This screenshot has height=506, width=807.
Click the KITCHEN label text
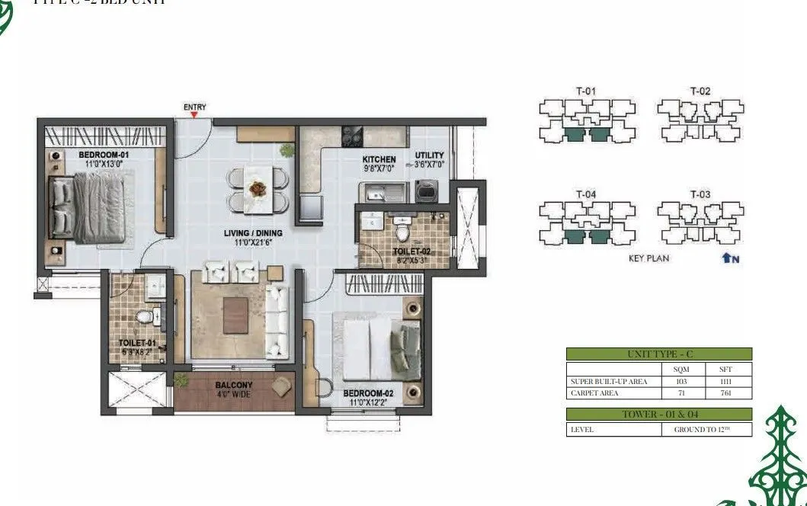point(379,159)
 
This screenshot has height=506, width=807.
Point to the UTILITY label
point(429,155)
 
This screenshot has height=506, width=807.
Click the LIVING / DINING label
point(253,233)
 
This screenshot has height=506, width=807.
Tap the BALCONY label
point(233,386)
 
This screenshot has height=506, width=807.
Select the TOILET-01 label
point(137,343)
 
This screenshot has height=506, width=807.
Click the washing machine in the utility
point(424,191)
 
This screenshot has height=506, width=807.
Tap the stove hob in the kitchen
point(351,136)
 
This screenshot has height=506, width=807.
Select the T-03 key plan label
point(700,194)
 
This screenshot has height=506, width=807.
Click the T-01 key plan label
point(585,91)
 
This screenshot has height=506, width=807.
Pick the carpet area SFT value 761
point(725,393)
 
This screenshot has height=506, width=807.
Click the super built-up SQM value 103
point(682,381)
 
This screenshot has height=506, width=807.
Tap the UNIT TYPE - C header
point(658,354)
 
